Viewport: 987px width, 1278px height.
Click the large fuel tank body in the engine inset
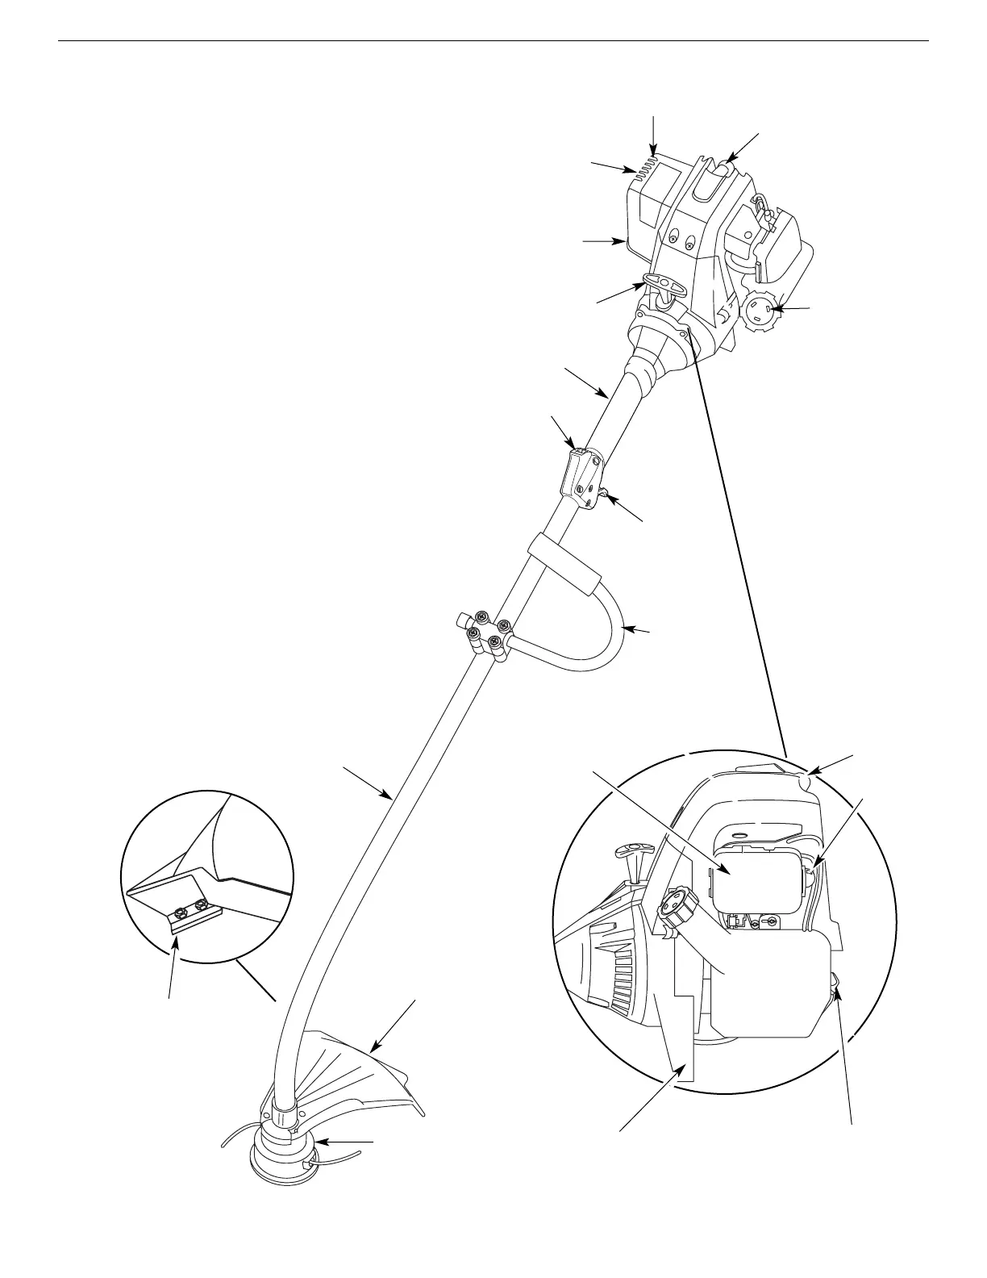click(x=774, y=980)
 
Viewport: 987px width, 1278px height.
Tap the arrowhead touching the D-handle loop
click(x=629, y=629)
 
